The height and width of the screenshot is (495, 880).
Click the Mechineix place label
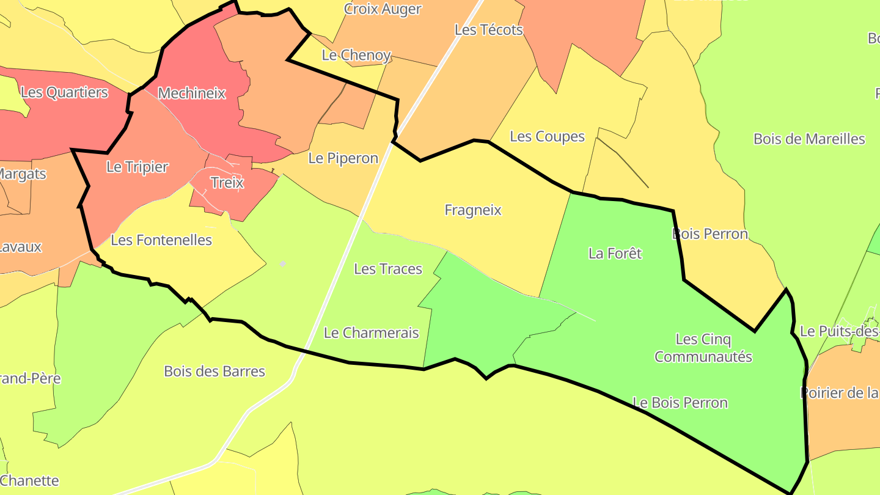[191, 94]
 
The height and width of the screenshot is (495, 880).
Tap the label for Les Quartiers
[64, 92]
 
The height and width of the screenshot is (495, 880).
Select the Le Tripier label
[137, 167]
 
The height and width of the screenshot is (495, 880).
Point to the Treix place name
[227, 183]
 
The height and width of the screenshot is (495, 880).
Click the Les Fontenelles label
[161, 240]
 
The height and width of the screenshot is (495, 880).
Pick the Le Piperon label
[343, 158]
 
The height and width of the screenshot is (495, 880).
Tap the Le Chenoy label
[356, 55]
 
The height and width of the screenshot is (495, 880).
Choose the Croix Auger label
[383, 9]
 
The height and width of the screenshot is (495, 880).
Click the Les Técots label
[489, 30]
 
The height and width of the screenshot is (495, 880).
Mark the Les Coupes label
[547, 136]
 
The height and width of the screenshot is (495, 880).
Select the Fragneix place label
[473, 210]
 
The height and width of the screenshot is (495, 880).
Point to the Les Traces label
[388, 269]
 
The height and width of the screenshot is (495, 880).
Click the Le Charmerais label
[371, 333]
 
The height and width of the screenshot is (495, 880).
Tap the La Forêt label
[615, 253]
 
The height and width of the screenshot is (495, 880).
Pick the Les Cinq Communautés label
[703, 348]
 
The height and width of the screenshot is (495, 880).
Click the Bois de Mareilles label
[809, 139]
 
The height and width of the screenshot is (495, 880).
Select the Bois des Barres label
[215, 371]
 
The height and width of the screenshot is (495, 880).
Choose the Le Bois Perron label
[680, 403]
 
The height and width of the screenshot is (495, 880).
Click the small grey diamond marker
[282, 264]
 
